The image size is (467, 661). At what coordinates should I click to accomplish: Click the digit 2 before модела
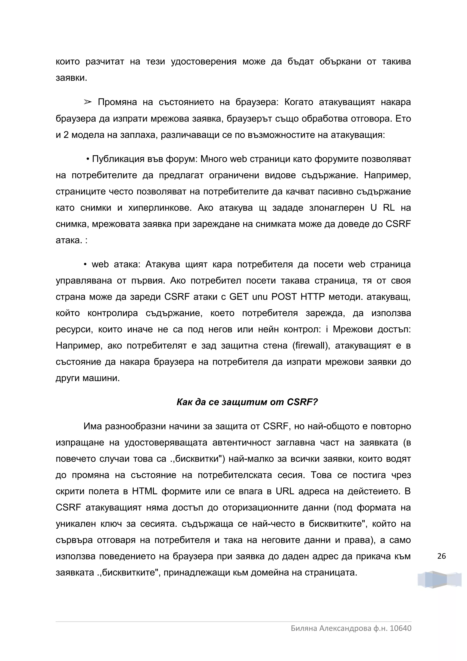pos(66,135)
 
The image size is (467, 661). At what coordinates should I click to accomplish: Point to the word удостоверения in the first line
pos(203,62)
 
